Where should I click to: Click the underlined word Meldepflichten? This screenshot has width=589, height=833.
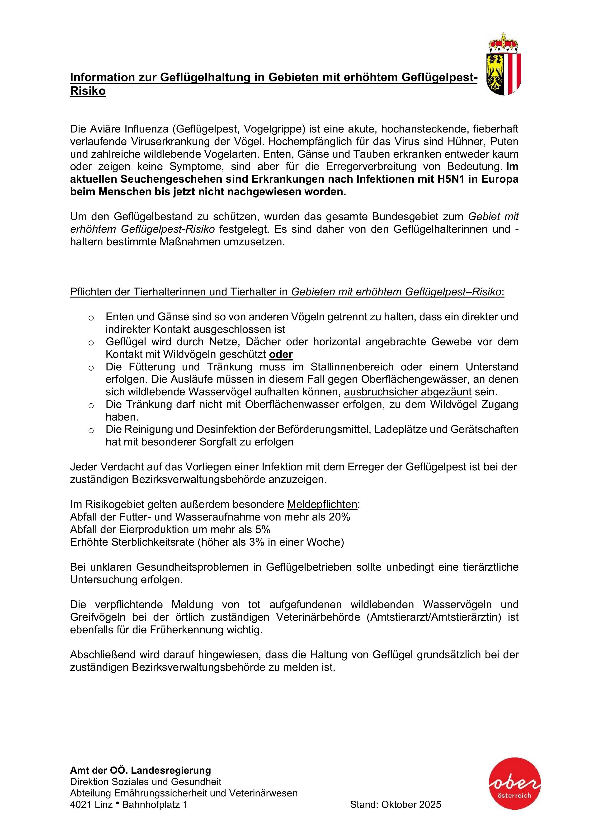(322, 504)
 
